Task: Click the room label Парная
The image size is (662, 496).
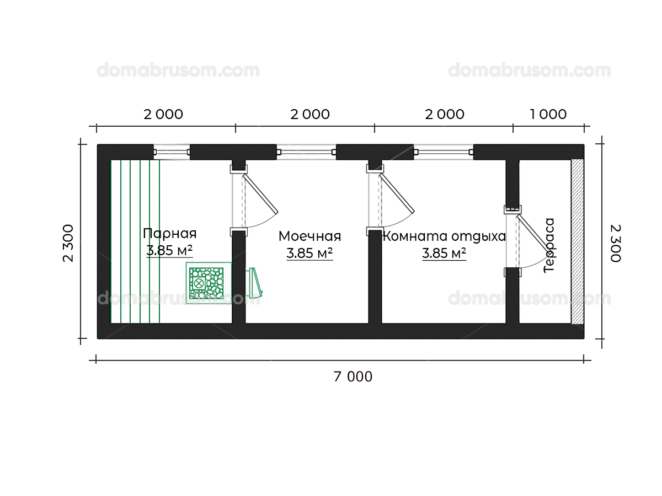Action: (169, 234)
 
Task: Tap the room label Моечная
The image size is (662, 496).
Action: (309, 236)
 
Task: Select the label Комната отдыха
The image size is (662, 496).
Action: (444, 236)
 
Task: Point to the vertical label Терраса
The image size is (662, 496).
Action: (549, 245)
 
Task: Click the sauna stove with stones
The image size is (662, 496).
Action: (206, 283)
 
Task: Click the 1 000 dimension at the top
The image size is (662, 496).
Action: (548, 114)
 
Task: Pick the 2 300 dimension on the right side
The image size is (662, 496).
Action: (616, 243)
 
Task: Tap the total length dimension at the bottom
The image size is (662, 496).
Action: (353, 377)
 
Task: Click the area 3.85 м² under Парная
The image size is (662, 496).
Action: (169, 251)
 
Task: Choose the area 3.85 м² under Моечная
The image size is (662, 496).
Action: (309, 254)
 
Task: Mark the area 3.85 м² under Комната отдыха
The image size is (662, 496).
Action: (444, 254)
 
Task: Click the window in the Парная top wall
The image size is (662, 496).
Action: (172, 152)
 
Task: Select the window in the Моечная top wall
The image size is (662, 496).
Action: (306, 152)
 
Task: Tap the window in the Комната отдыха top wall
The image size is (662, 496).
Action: (444, 152)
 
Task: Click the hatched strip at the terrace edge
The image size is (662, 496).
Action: (577, 241)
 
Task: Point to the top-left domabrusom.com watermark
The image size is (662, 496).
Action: (178, 71)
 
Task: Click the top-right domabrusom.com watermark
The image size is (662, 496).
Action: (529, 71)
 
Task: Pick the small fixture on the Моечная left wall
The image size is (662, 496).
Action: (255, 282)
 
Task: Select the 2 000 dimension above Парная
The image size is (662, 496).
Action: (163, 115)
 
